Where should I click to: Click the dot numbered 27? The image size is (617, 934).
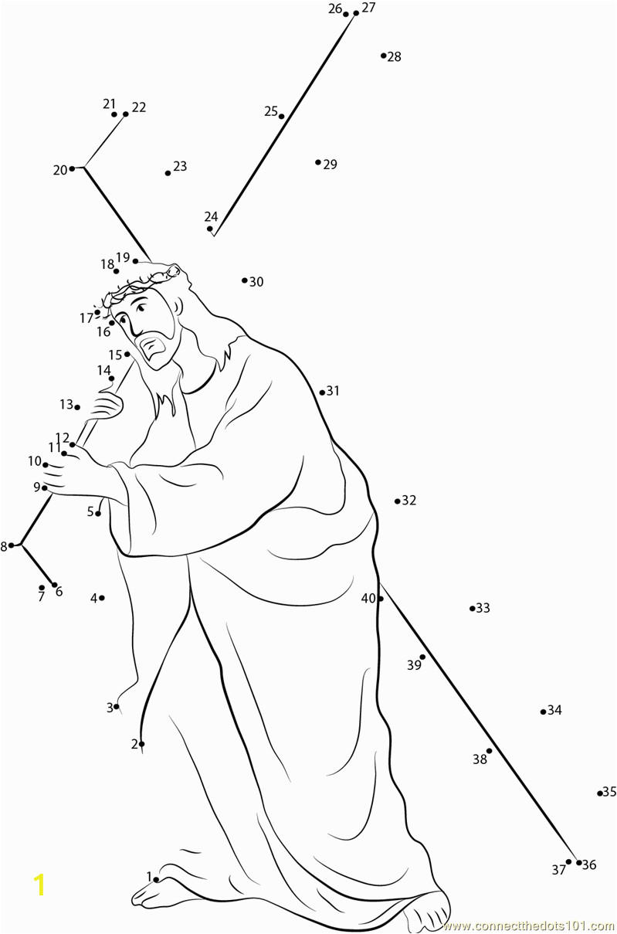pos(356,13)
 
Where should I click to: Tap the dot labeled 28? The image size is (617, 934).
pos(383,56)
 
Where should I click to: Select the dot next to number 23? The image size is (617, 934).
pos(168,173)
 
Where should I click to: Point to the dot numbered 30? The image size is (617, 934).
pos(245,280)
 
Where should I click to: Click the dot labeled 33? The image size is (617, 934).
pos(472,608)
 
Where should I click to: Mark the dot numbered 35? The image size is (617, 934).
pos(600,793)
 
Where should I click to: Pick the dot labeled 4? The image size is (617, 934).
pos(102,597)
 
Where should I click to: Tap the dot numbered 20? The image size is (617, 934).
pos(72,168)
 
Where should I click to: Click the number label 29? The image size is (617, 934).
pos(331,165)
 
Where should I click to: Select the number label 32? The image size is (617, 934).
pos(409,500)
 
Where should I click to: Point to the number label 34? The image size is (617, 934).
pos(554,710)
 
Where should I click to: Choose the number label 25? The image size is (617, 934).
pos(271,111)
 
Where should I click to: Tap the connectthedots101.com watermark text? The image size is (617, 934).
pos(529,926)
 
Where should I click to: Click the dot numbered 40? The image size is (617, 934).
pos(380,599)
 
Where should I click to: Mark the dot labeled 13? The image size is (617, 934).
pos(77,407)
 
